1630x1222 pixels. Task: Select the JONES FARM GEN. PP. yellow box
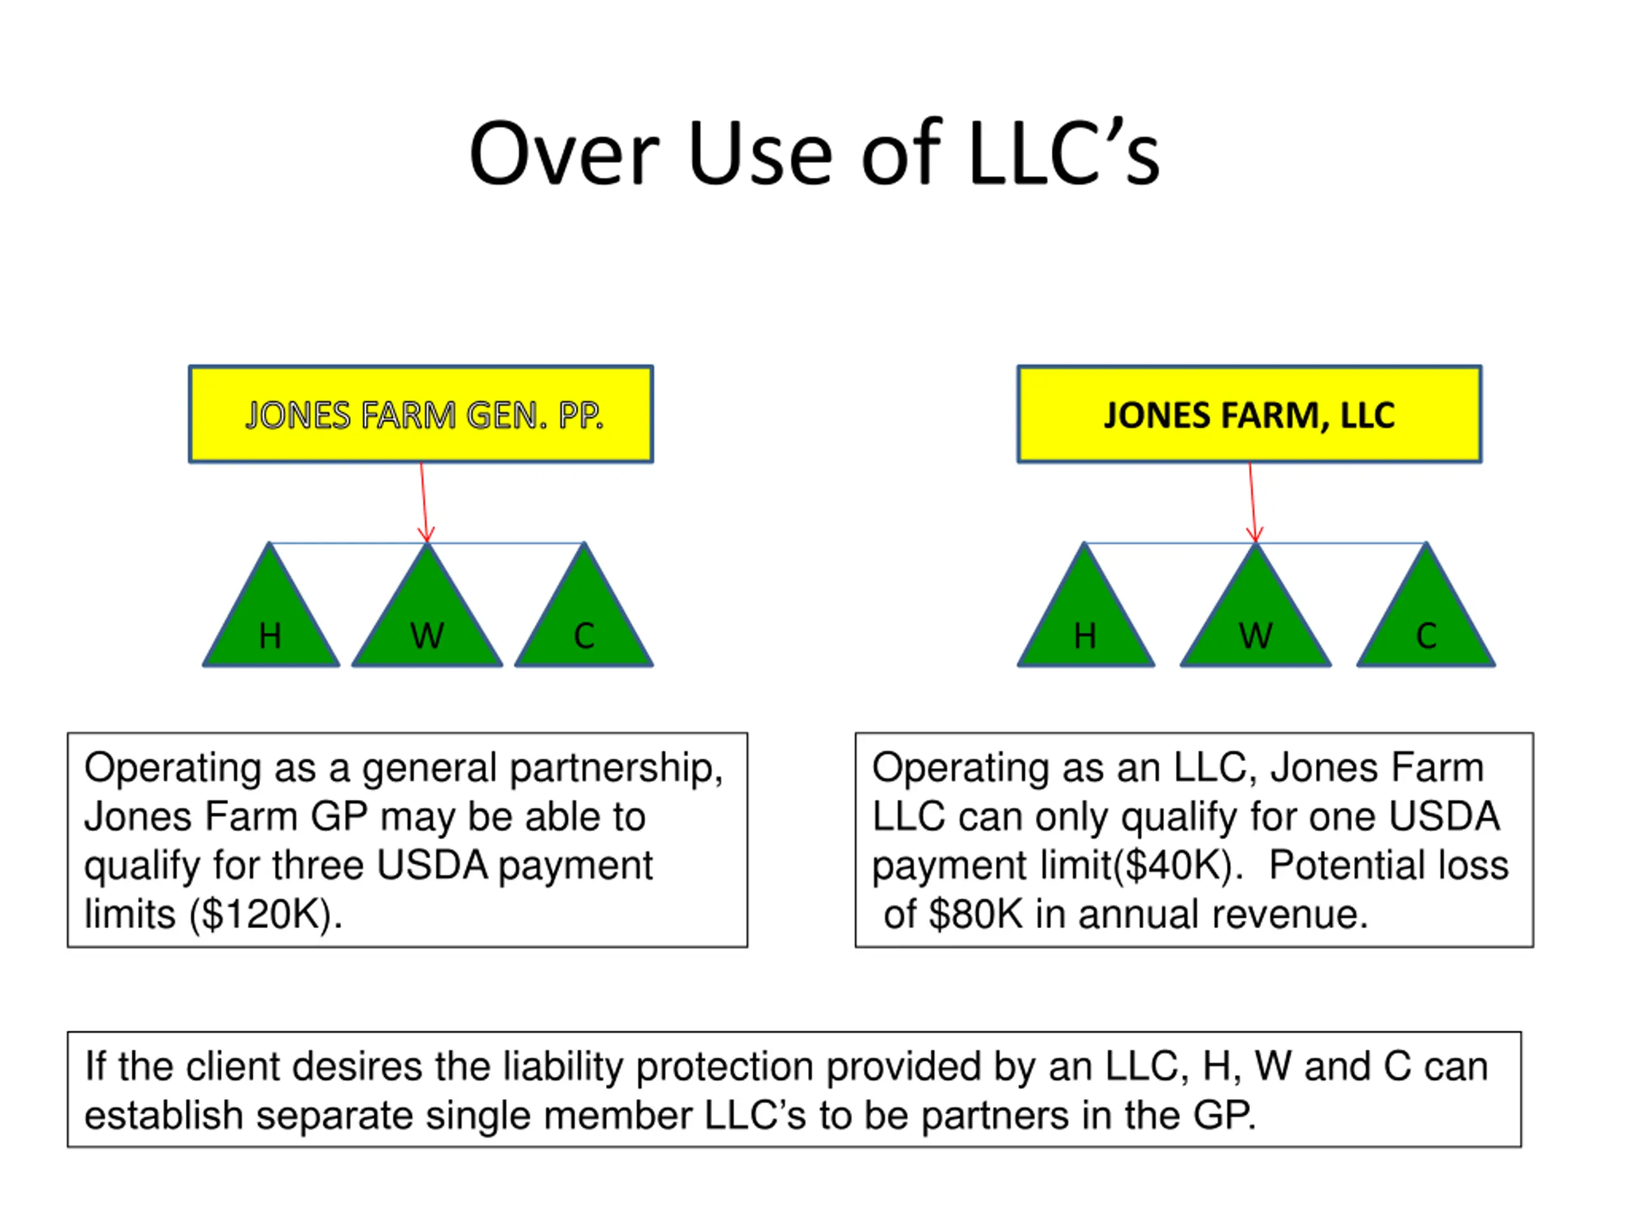pyautogui.click(x=421, y=414)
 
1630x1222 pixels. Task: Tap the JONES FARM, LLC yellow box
pyautogui.click(x=1249, y=414)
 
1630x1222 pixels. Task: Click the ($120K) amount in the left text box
pyautogui.click(x=266, y=915)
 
